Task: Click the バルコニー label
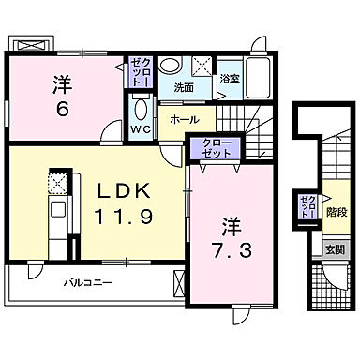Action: coord(88,281)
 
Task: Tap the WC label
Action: coord(140,128)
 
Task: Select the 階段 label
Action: coord(335,213)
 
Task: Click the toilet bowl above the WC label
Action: coord(141,106)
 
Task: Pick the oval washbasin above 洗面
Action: coord(170,66)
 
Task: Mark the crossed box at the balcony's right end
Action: coord(179,279)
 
